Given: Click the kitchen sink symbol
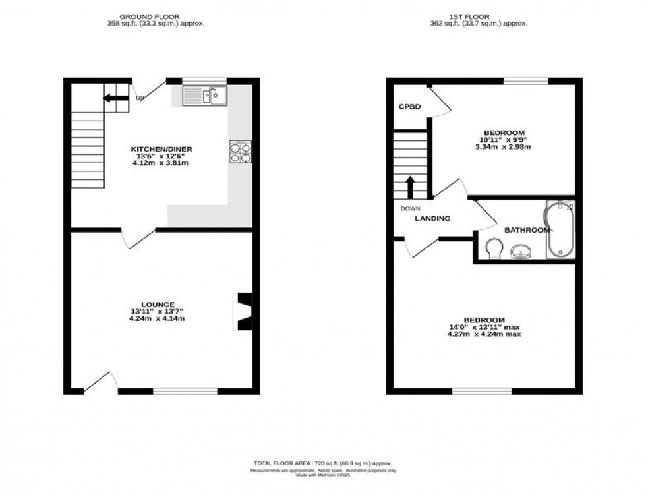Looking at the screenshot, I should (206, 96).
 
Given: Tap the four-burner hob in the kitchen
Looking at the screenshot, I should (240, 152).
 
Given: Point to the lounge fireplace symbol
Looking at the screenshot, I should (243, 310).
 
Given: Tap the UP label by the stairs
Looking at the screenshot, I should (139, 99).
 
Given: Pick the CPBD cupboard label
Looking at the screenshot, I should (409, 107).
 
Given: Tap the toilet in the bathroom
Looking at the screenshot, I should (492, 248).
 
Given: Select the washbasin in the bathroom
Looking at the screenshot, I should (521, 251).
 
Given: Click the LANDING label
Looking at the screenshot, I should (432, 219).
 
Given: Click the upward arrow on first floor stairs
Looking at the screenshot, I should (409, 187).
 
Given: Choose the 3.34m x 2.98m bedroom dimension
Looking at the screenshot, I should (503, 146).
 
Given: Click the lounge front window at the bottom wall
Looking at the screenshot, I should (185, 391).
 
